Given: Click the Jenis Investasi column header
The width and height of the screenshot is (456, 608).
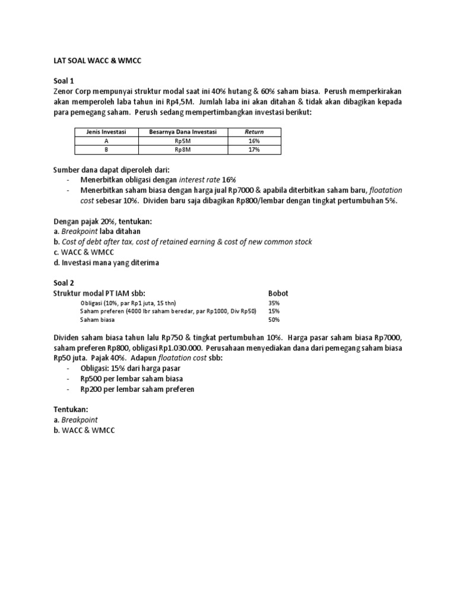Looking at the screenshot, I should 106,131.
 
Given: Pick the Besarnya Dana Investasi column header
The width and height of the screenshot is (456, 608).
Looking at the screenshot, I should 183,131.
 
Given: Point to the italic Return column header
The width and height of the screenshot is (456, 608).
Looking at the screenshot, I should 255,131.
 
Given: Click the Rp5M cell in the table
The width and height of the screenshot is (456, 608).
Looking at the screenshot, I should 183,141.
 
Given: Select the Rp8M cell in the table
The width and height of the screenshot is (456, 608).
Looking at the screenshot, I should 183,150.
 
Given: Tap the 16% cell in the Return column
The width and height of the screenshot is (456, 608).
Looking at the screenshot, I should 255,141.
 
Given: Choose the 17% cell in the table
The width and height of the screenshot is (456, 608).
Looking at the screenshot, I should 255,150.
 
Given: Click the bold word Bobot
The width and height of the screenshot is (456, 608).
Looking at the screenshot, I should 278,293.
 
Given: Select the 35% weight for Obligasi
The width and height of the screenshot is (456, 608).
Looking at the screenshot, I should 274,303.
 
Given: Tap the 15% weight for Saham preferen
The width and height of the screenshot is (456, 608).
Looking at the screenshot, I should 274,311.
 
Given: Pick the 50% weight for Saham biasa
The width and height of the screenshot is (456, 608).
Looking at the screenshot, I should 274,319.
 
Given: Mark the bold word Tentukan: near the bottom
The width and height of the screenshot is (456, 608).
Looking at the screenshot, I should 70,409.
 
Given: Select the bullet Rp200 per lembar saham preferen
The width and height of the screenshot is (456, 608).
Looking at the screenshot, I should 137,389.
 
